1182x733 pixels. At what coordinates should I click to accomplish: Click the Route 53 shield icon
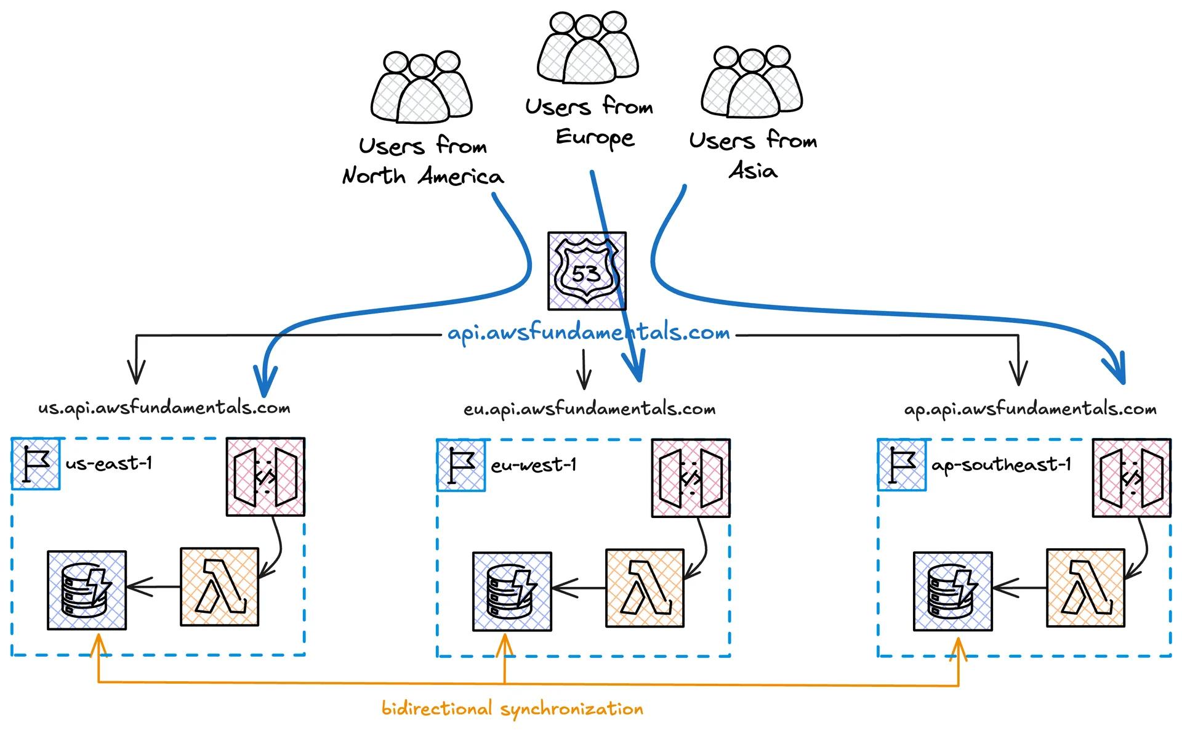(587, 271)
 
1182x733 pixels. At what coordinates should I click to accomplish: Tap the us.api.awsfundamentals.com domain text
(164, 408)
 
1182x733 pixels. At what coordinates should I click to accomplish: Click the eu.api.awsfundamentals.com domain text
(589, 409)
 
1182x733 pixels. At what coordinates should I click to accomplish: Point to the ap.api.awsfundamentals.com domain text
(1030, 409)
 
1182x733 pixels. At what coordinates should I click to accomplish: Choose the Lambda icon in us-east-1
(220, 587)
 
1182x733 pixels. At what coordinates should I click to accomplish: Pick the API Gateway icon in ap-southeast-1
(1132, 477)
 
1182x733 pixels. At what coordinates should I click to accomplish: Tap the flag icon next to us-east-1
(36, 464)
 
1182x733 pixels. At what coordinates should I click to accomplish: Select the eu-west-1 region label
(534, 464)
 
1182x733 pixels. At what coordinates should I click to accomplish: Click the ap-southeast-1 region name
(1002, 464)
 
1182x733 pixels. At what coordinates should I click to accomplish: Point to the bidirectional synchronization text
(512, 708)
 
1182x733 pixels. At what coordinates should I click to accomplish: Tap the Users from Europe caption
(589, 122)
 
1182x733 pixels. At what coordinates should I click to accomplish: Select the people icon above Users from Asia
(752, 82)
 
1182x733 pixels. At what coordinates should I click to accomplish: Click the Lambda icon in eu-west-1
(645, 588)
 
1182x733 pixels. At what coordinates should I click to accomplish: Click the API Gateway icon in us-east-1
(265, 476)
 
